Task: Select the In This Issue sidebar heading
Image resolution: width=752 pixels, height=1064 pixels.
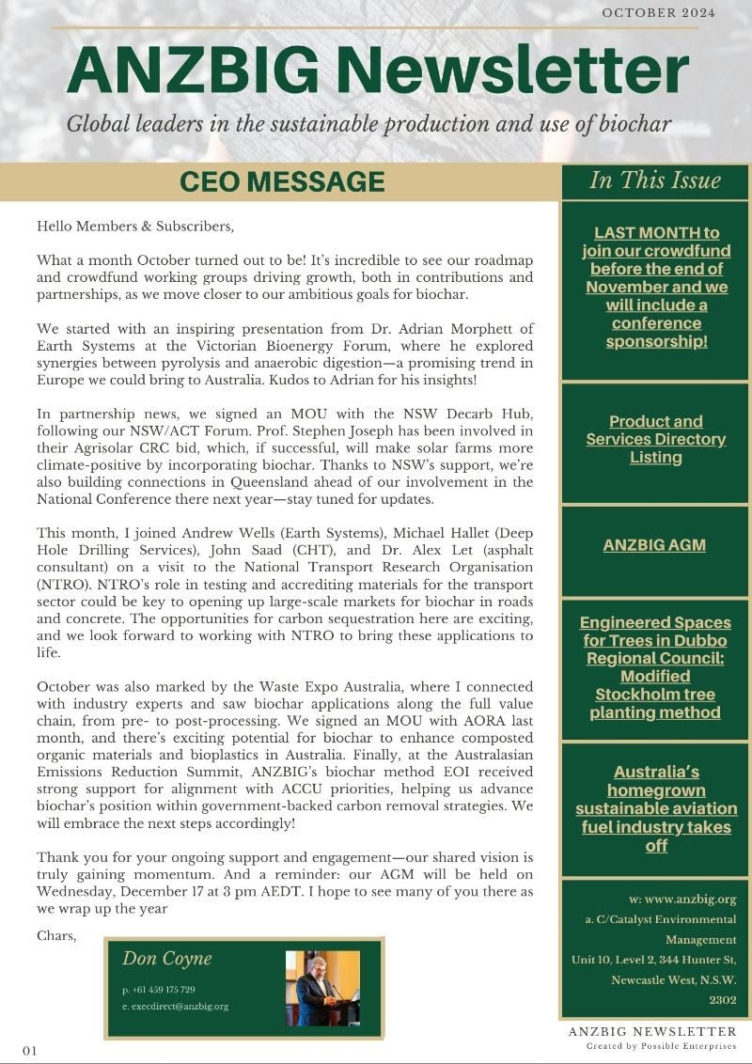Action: [655, 180]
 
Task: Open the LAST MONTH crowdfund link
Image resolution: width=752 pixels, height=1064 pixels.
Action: [655, 287]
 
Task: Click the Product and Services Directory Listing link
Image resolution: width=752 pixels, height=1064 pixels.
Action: [655, 439]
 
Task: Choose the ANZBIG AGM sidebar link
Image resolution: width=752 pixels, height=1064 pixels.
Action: [655, 545]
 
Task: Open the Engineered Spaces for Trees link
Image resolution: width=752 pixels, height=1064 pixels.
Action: [655, 667]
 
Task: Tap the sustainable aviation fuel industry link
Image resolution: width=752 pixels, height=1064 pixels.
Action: [655, 808]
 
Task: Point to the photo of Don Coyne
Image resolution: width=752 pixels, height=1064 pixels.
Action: [322, 988]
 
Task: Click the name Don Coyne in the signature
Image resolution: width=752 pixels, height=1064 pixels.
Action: [166, 959]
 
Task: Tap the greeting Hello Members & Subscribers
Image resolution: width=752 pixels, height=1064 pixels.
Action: [134, 227]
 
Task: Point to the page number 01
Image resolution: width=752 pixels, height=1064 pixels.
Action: [30, 1050]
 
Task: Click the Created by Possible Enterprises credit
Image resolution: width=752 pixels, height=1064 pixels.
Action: [661, 1045]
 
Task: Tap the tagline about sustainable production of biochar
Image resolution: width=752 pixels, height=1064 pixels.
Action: [368, 124]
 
